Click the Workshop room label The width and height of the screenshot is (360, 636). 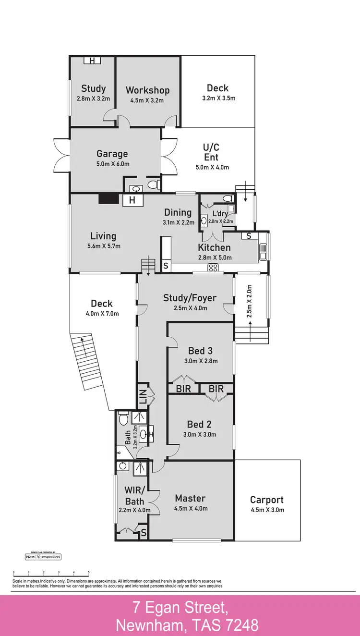[147, 90]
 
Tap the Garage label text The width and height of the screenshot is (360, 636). [112, 154]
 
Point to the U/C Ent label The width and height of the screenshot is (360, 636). [211, 152]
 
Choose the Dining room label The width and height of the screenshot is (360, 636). [178, 212]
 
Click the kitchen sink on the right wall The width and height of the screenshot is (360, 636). [264, 251]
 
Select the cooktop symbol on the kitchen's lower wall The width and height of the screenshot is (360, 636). [213, 268]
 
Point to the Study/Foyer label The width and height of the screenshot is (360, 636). [190, 298]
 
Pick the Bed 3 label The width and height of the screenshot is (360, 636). [201, 351]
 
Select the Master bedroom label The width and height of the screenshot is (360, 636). [190, 498]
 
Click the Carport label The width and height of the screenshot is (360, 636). [267, 500]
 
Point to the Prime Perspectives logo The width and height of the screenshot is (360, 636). [43, 557]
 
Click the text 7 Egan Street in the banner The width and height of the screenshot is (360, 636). [180, 608]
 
